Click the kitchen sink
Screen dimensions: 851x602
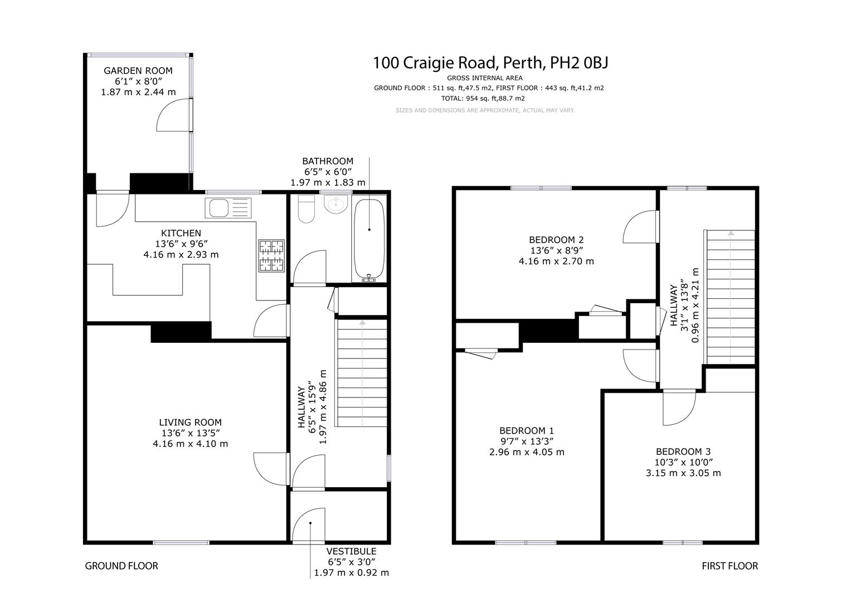click(228, 208)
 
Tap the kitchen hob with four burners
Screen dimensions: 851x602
click(271, 256)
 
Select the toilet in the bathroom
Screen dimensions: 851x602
click(306, 208)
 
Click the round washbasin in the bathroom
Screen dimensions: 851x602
click(336, 205)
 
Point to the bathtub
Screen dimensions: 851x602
click(369, 240)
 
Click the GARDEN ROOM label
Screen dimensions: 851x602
click(138, 71)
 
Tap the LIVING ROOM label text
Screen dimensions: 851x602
click(190, 423)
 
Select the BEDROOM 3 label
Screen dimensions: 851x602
click(683, 452)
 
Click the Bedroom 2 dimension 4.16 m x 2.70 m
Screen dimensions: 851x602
click(556, 261)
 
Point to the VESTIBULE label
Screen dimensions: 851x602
click(351, 551)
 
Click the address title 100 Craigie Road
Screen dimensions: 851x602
click(435, 62)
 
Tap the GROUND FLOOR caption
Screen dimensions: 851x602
click(121, 566)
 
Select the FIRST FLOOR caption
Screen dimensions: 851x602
click(730, 566)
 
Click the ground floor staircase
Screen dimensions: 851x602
click(362, 373)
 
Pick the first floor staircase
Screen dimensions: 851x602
click(730, 297)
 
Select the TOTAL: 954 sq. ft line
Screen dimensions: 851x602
click(483, 99)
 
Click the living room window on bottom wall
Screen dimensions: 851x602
click(181, 542)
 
